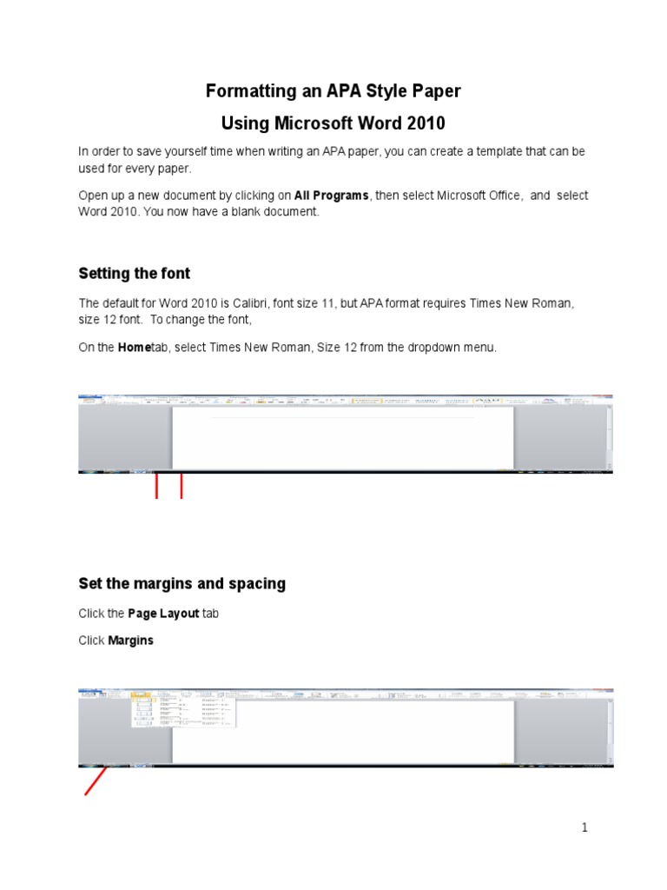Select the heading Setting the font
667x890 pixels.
(134, 274)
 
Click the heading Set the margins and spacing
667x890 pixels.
(182, 584)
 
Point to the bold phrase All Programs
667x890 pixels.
(332, 196)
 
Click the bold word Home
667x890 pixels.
(134, 348)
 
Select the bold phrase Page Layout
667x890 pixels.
(163, 614)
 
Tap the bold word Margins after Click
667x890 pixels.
(130, 641)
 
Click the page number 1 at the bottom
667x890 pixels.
(585, 828)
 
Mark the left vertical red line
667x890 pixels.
(156, 486)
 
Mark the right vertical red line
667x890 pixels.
(181, 486)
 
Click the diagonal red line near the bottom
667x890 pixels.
(95, 781)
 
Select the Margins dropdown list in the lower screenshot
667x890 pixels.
(182, 711)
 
